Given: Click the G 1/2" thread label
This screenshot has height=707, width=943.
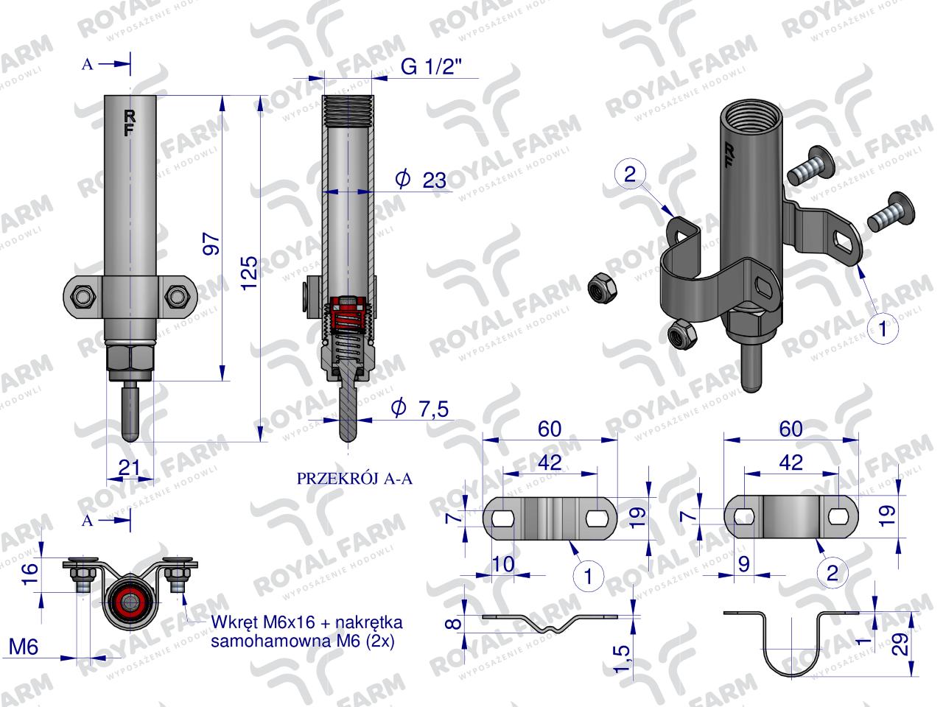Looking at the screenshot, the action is tap(432, 67).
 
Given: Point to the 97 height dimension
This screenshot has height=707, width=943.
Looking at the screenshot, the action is tap(211, 244).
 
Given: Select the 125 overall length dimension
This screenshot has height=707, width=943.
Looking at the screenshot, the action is tap(249, 274).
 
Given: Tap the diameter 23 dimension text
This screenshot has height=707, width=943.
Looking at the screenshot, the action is tap(421, 180).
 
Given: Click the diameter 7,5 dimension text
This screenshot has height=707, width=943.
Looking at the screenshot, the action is tap(420, 408).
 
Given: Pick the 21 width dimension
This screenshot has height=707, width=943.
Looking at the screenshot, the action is tap(130, 468).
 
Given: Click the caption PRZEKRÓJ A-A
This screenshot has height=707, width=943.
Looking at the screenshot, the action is tap(354, 479).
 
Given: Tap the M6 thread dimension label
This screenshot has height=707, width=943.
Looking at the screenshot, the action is tap(24, 647).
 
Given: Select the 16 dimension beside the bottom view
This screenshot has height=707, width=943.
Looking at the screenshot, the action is tap(30, 574).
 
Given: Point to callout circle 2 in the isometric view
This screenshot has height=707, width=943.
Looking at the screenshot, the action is tap(630, 174).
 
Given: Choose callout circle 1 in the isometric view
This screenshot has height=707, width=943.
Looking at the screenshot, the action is tap(883, 329).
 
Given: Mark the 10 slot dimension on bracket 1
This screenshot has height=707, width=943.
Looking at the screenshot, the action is tap(502, 563).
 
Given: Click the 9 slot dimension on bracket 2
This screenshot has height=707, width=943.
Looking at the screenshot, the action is tap(743, 563).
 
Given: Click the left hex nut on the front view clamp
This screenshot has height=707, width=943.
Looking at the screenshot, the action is tap(83, 296).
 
